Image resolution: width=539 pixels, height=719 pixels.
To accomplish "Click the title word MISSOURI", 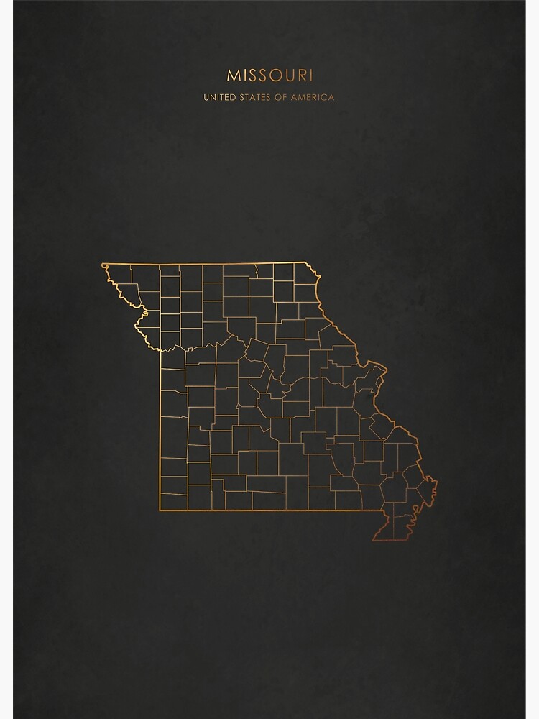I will point(269,75).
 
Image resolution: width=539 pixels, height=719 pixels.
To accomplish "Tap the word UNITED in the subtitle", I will point(220,97).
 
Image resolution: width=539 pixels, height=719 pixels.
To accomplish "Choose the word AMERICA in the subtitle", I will point(313,97).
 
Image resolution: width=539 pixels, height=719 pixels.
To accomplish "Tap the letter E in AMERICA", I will point(305,97).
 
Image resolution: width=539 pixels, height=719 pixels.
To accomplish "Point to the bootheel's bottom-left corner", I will point(373,539).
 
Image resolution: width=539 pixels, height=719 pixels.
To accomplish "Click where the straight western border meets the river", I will point(160,350).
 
